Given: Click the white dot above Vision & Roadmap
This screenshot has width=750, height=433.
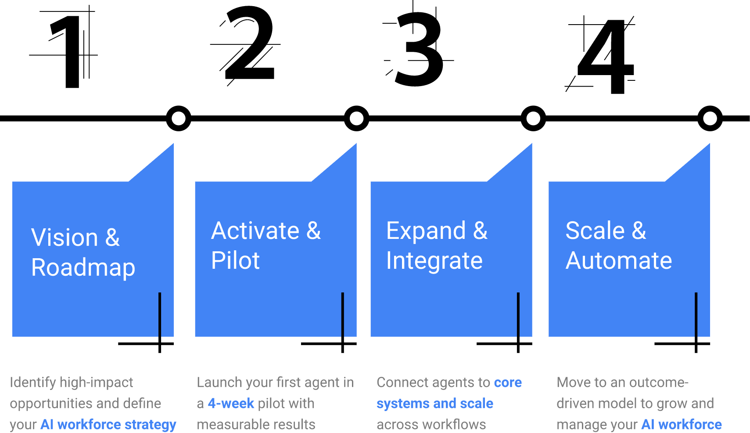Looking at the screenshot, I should (179, 119).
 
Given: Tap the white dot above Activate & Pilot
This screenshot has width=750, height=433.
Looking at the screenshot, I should (356, 119).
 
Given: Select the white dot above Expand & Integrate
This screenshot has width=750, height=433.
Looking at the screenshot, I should (533, 119).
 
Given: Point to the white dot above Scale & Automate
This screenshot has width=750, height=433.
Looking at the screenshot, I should (710, 119).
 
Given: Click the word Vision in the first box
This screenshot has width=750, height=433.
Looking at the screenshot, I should (65, 238).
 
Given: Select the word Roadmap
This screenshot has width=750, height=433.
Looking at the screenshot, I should (83, 267).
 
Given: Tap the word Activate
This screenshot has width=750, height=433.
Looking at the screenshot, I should (255, 231).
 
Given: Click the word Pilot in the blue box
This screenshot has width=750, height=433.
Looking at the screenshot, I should (235, 261).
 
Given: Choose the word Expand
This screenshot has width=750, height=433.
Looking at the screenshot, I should (426, 231).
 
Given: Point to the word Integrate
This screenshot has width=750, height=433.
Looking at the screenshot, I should (434, 261).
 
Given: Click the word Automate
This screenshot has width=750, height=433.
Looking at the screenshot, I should (618, 261).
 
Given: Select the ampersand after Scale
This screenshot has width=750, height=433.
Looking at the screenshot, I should (639, 231).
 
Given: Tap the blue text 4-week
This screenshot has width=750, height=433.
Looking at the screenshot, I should (231, 404).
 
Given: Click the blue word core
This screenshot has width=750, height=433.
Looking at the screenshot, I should (508, 382).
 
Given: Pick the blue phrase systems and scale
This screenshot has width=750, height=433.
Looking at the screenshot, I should (434, 404).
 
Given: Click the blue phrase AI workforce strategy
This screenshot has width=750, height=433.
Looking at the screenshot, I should (108, 425).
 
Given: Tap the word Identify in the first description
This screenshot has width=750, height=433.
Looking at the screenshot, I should (32, 382).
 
